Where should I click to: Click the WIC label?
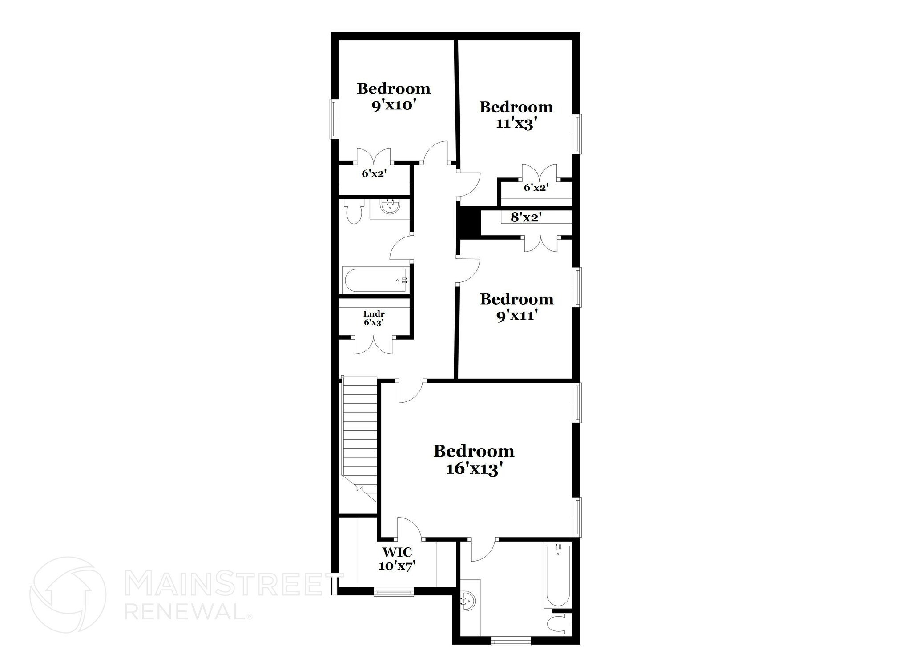tap(397, 552)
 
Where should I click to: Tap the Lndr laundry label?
tap(374, 314)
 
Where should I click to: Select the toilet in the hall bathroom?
tap(355, 213)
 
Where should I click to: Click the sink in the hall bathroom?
tap(390, 207)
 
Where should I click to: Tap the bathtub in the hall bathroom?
tap(375, 280)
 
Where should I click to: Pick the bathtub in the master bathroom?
tap(557, 576)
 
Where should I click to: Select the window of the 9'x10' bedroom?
tap(334, 119)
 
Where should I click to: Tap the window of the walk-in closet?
tap(394, 592)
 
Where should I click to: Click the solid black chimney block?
tap(468, 223)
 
